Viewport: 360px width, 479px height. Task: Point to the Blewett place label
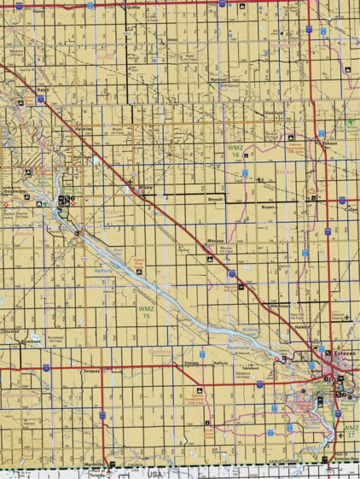[216, 199]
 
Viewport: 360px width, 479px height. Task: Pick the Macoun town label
[215, 242]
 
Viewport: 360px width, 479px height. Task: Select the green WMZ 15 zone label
[146, 312]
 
